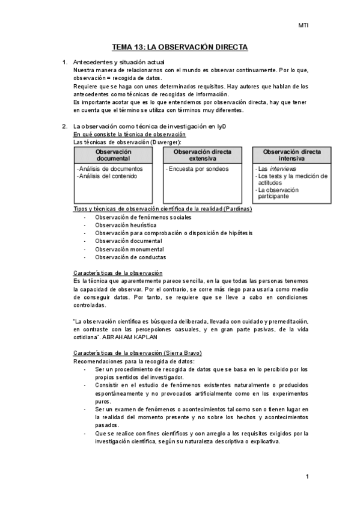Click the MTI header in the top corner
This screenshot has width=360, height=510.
click(304, 25)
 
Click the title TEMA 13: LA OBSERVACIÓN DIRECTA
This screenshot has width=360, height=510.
click(180, 47)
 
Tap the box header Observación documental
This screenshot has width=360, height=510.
click(113, 155)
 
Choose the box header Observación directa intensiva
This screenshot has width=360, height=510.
click(291, 155)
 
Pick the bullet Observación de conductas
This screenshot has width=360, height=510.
click(130, 257)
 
